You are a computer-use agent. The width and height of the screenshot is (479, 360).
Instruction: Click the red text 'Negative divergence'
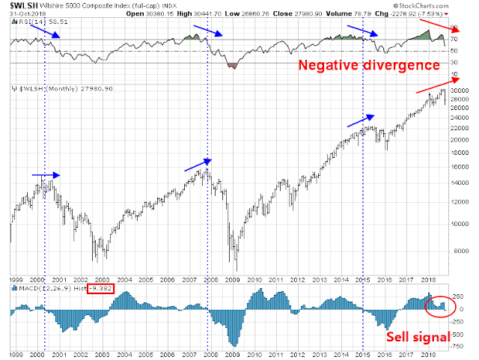click(x=367, y=66)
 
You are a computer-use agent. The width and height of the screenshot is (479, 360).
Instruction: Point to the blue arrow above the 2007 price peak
click(x=198, y=165)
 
